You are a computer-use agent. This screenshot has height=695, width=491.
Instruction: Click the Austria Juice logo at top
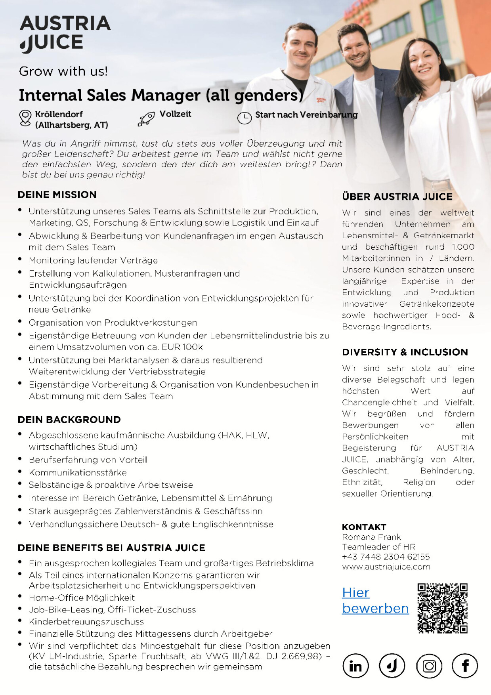65,34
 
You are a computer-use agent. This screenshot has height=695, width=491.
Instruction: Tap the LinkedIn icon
355,666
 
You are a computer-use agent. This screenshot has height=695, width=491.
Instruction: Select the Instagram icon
429,666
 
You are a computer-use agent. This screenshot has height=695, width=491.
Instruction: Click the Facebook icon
465,666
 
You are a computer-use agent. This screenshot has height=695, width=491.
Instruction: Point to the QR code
442,608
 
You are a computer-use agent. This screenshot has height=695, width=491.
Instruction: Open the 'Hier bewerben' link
375,600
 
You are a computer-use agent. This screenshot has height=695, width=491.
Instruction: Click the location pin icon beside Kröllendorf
25,118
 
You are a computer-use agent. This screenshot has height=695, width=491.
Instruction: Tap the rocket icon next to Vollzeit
146,118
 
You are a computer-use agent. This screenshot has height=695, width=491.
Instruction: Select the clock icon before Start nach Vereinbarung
244,118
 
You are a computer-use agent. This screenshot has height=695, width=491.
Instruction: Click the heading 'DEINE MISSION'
57,195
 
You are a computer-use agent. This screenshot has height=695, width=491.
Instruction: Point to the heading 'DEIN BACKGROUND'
69,420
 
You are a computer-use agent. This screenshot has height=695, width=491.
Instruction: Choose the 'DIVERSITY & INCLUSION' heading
405,352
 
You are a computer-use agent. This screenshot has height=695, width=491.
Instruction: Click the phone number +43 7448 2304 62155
386,557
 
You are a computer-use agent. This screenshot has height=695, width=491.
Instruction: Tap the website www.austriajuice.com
386,567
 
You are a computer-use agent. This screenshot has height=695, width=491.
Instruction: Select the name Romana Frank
371,537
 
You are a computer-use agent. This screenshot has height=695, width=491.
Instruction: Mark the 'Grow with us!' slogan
63,71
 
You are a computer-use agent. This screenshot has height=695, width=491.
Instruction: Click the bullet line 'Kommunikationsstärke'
78,472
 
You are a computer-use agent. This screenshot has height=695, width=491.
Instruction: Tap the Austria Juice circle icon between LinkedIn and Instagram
392,666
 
